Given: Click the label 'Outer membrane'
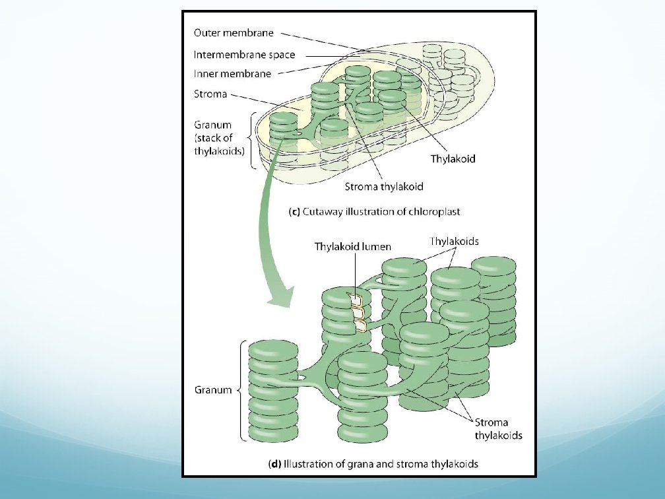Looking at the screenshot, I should click(x=234, y=32).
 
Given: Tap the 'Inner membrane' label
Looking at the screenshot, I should click(x=232, y=74).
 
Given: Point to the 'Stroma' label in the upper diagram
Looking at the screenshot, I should click(x=210, y=94).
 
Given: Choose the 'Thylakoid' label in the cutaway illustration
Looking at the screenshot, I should click(x=453, y=159).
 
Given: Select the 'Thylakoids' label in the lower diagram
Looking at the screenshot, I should click(x=454, y=242).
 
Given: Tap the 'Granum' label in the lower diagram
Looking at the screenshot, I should click(x=212, y=389).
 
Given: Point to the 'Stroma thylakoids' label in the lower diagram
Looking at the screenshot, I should click(x=498, y=428).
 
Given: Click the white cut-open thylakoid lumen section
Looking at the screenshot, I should click(x=357, y=311).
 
